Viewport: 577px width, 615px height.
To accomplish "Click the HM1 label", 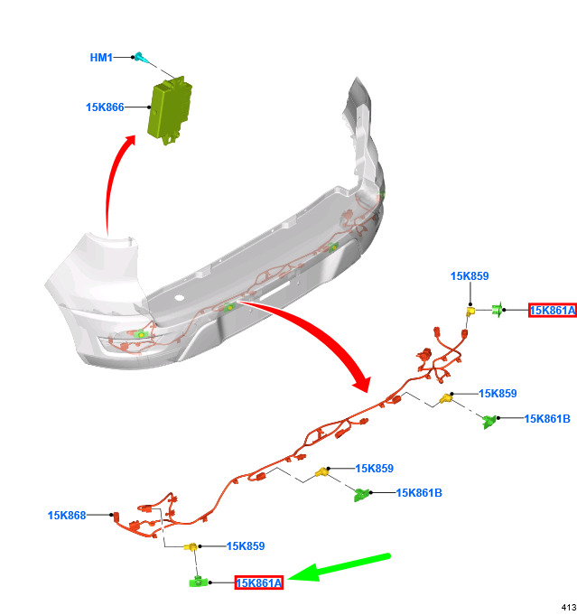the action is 101,58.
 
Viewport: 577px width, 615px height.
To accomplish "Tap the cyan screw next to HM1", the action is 141,58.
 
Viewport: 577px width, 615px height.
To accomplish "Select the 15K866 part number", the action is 105,107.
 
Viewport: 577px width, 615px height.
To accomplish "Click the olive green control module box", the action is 170,110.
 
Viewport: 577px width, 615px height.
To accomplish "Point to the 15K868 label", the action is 67,515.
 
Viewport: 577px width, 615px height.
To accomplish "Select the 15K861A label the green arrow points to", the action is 259,582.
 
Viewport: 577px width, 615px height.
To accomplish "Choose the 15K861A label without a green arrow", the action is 553,311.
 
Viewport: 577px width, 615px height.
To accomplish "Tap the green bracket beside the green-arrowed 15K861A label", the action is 199,582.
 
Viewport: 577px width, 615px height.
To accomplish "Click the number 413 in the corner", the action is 569,607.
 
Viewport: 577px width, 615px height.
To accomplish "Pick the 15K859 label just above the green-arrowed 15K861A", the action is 246,546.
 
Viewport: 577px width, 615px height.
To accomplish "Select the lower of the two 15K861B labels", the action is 419,492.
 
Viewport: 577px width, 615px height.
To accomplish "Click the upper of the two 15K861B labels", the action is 547,418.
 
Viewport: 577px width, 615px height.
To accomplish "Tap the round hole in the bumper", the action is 179,297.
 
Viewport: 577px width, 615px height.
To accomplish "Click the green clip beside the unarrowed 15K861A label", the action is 498,310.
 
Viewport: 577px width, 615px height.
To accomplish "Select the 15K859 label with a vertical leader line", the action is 470,276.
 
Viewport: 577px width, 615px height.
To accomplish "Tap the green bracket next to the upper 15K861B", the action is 489,421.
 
